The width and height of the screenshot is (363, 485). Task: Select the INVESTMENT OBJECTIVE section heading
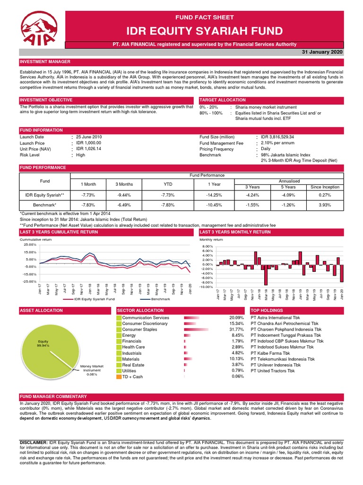[x=46, y=100]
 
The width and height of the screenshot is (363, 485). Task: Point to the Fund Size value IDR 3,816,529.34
[x=281, y=137]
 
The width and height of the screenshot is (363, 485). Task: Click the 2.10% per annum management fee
[x=278, y=143]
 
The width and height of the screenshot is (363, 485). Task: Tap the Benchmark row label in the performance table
[x=44, y=205]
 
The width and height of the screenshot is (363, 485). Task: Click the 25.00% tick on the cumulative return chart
[x=29, y=244]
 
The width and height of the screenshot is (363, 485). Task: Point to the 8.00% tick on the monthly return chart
[x=208, y=247]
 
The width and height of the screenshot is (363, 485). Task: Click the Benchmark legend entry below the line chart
[x=160, y=299]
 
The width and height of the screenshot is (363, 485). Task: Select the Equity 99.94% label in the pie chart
[x=43, y=344]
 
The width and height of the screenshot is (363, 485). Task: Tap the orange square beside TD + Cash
[x=119, y=377]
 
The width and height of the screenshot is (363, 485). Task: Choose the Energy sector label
[x=130, y=335]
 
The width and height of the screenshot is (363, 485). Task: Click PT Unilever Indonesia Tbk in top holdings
[x=276, y=365]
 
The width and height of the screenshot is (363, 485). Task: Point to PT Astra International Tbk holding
[x=278, y=317]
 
